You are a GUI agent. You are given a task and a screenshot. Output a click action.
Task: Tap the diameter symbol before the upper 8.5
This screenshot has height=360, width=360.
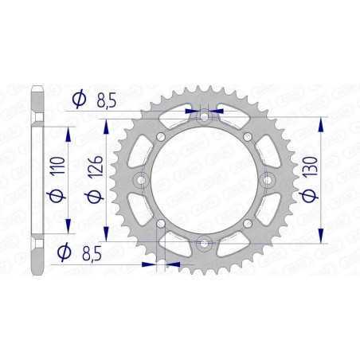[78, 99]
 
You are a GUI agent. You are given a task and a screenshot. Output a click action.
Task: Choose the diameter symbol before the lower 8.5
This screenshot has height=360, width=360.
[61, 253]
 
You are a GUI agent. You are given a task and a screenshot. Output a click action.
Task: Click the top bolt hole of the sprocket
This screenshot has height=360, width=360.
[205, 117]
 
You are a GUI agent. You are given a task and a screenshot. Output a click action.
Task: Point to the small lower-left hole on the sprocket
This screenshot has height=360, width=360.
[160, 224]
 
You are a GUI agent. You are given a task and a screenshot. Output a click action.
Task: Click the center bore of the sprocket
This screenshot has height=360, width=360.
[205, 180]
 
